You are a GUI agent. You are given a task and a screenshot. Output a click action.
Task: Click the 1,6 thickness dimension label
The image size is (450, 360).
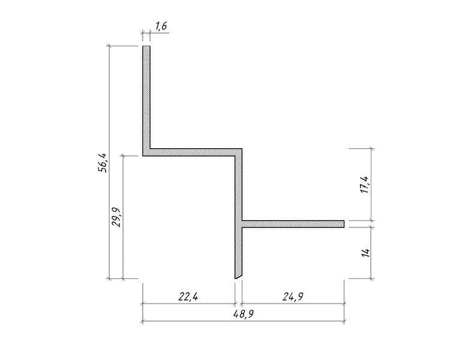(161, 26)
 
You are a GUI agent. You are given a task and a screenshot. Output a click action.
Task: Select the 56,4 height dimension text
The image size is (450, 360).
(103, 163)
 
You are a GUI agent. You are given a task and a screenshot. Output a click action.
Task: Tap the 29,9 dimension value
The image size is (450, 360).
(116, 217)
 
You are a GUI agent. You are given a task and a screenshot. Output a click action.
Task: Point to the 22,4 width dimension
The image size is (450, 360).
(188, 296)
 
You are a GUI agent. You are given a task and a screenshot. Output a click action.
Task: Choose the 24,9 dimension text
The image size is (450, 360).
(293, 296)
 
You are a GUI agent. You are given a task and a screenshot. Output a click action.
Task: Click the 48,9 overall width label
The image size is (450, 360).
(243, 314)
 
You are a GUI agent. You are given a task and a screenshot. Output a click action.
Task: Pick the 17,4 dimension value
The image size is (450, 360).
(365, 184)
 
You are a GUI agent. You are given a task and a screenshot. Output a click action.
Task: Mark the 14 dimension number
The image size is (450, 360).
(365, 253)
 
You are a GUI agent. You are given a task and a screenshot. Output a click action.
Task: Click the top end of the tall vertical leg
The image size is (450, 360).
(146, 46)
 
